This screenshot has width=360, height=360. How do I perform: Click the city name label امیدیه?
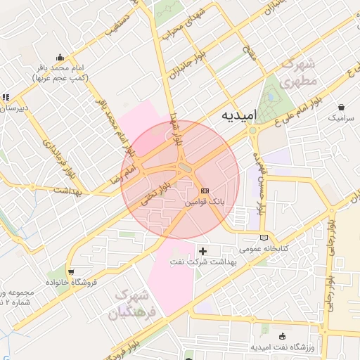click(239, 115)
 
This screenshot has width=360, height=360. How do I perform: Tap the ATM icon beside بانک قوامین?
click(205, 191)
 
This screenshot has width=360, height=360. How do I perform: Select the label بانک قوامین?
click(204, 201)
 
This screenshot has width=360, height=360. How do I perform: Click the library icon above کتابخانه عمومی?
click(264, 238)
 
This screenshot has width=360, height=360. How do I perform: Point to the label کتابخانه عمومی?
click(259, 249)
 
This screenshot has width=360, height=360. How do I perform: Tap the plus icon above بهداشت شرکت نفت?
click(203, 250)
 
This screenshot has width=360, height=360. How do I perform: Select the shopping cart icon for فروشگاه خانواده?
click(72, 271)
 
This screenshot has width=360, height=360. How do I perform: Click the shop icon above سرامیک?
click(341, 108)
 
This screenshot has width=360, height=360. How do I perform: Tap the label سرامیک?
click(342, 120)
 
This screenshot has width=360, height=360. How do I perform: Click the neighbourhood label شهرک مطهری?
click(300, 72)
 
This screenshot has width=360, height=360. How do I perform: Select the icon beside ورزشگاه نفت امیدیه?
click(282, 336)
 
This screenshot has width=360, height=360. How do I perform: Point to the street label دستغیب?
click(118, 26)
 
